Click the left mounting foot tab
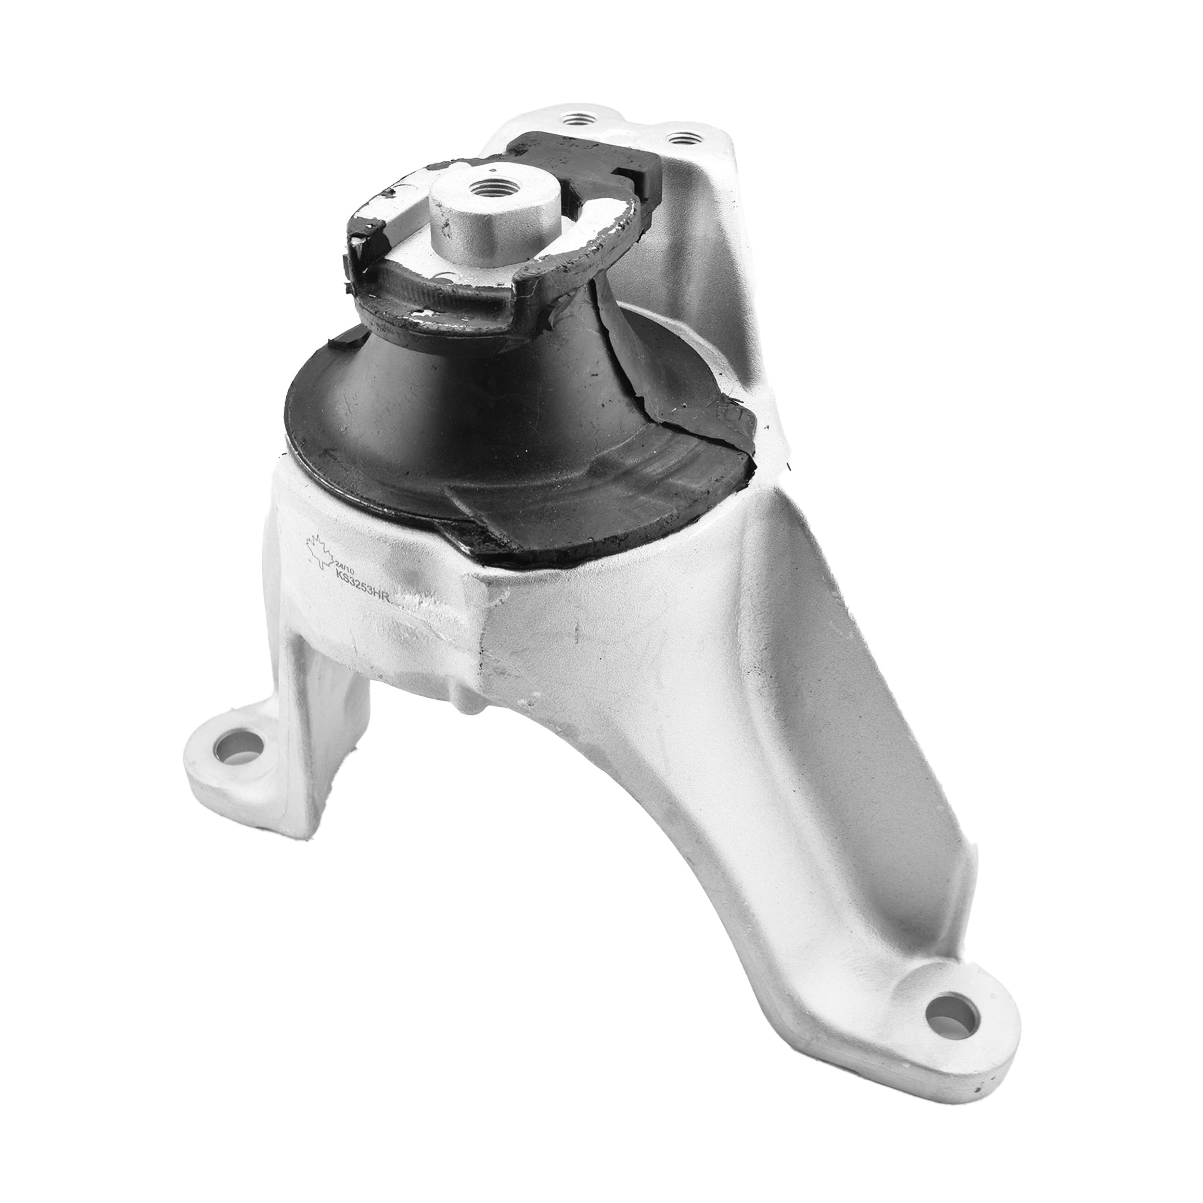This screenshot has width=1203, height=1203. pyautogui.click(x=230, y=760)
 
